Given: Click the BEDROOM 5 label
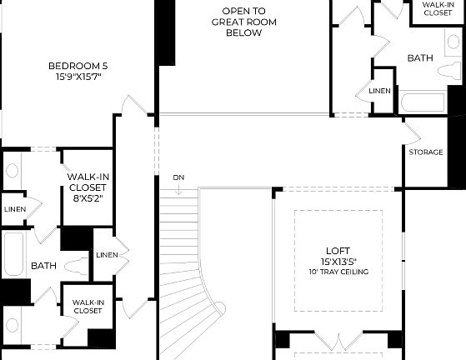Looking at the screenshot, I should pyautogui.click(x=78, y=66).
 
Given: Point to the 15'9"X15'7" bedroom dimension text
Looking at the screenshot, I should pyautogui.click(x=78, y=77).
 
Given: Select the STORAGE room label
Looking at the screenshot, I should pyautogui.click(x=425, y=152).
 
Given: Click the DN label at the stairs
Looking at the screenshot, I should pyautogui.click(x=178, y=177).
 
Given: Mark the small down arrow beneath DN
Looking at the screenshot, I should pyautogui.click(x=178, y=190).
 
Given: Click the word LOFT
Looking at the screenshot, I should pyautogui.click(x=338, y=250).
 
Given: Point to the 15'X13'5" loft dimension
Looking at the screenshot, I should pyautogui.click(x=338, y=261).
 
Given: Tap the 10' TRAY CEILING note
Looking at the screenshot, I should pyautogui.click(x=338, y=272).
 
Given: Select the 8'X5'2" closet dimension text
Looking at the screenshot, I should pyautogui.click(x=88, y=198).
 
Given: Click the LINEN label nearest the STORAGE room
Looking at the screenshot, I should pyautogui.click(x=379, y=91).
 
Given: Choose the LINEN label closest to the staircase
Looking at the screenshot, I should pyautogui.click(x=106, y=255).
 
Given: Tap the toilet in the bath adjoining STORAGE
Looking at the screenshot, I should pyautogui.click(x=447, y=68).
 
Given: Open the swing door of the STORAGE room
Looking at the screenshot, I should pyautogui.click(x=414, y=130).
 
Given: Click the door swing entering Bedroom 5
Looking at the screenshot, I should pyautogui.click(x=133, y=106).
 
